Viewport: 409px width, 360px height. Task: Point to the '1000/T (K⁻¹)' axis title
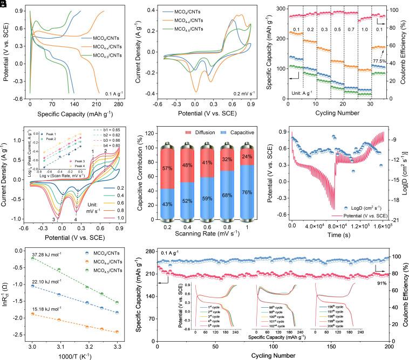point(73,354)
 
